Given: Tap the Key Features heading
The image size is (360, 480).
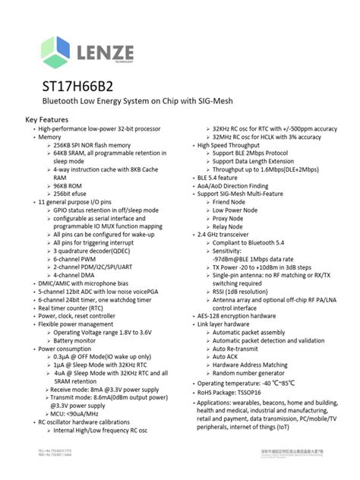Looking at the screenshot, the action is pos(47,120).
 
